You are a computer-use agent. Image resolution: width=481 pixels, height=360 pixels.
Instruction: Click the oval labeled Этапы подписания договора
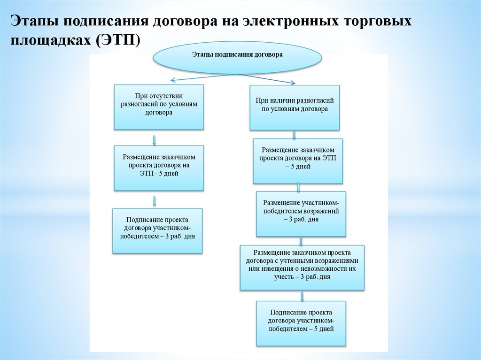[237, 55]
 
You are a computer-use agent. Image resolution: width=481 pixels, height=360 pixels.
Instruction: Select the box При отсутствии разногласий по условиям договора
[159, 107]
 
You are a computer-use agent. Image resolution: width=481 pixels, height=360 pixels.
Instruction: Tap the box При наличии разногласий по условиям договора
[295, 107]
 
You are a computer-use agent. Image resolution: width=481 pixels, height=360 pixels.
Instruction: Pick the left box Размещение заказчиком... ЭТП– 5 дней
[159, 168]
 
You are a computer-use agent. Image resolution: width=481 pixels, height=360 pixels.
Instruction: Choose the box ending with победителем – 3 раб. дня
[158, 230]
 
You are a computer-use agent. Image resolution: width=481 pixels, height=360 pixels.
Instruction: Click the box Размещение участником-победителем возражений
[301, 213]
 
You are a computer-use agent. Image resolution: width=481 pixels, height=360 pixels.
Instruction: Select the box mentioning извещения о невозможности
[302, 267]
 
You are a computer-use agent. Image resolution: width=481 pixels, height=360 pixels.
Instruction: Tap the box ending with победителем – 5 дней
[301, 323]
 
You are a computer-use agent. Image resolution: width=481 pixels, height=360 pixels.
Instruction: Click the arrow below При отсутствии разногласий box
[155, 139]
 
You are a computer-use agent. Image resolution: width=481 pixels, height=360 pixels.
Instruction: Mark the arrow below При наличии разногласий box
[295, 134]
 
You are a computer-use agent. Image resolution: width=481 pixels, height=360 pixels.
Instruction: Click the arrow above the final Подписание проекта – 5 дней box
[302, 296]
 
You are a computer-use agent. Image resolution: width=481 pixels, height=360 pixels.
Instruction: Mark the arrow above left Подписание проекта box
[155, 201]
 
